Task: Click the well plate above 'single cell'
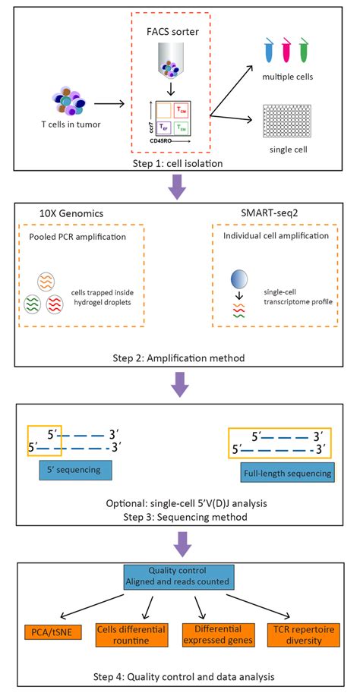(287, 119)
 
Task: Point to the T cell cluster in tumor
(71, 104)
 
